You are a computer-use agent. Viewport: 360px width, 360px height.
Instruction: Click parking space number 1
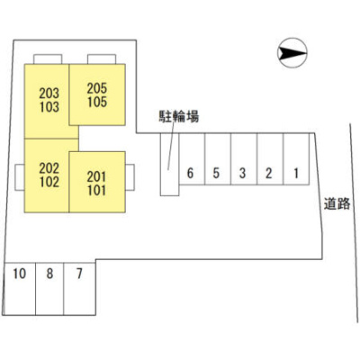[x=296, y=159]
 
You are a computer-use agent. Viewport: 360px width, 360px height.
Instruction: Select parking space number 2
[x=270, y=159]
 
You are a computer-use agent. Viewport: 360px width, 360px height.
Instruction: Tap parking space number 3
[x=244, y=159]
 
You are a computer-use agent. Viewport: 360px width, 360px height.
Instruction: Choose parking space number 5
[x=218, y=159]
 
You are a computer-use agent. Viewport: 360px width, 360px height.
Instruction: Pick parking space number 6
[x=192, y=159]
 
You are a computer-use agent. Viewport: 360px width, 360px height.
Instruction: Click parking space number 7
[x=79, y=289]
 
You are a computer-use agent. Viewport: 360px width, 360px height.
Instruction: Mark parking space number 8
[x=49, y=289]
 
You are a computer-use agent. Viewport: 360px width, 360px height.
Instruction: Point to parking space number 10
[x=20, y=289]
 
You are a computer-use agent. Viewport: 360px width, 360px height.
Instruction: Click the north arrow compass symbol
[x=292, y=53]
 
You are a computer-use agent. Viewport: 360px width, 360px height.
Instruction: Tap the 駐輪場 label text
[x=179, y=116]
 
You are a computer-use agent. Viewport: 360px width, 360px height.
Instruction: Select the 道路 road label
[x=337, y=204]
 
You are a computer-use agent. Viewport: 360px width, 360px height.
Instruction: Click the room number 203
[x=49, y=94]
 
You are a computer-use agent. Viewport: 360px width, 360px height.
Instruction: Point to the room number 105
[x=97, y=102]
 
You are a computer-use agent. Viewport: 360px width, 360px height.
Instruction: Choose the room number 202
[x=49, y=168]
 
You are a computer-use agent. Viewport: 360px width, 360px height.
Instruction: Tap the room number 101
[x=96, y=191]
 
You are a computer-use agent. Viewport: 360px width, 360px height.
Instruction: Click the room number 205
[x=97, y=88]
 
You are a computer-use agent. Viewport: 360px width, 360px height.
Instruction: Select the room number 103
[x=49, y=107]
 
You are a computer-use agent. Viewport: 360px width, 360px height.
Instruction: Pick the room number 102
[x=49, y=182]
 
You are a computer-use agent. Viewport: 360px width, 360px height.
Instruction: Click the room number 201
[x=96, y=177]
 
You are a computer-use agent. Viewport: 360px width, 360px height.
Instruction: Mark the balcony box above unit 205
[x=102, y=59]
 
